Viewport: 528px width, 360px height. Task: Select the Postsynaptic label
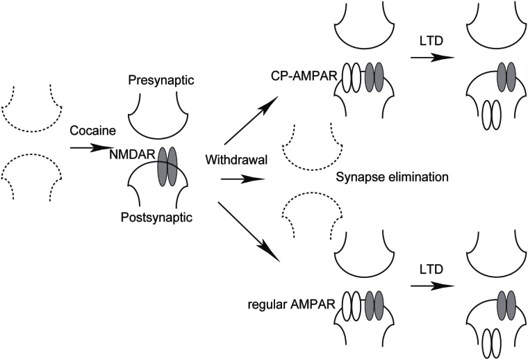point(157,218)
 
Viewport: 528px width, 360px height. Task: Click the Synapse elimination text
point(393,177)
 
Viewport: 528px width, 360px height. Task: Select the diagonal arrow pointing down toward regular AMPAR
point(247,231)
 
